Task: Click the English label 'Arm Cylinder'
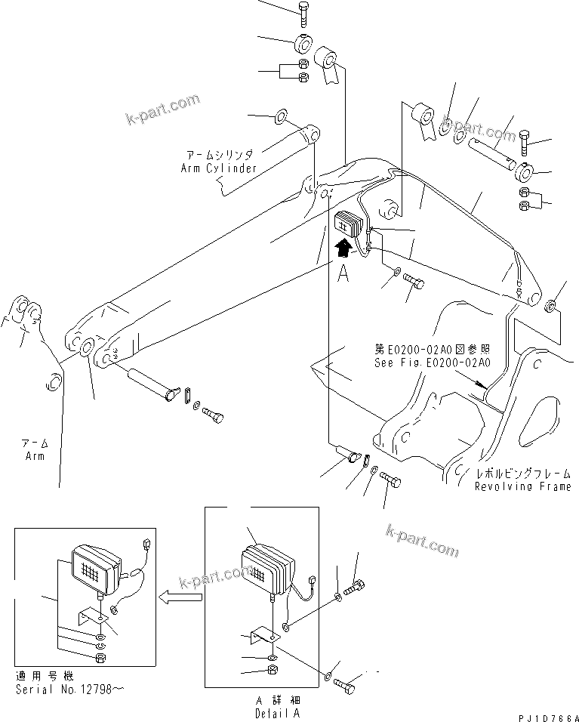pyautogui.click(x=219, y=168)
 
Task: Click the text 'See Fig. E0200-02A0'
pyautogui.click(x=432, y=363)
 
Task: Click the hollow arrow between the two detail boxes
pyautogui.click(x=180, y=598)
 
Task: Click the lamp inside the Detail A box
pyautogui.click(x=266, y=569)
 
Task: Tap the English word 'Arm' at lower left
pyautogui.click(x=33, y=456)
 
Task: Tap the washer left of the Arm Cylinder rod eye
pyautogui.click(x=281, y=116)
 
